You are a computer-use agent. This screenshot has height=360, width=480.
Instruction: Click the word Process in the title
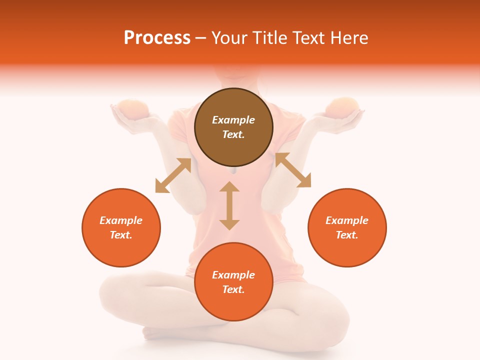(x=157, y=38)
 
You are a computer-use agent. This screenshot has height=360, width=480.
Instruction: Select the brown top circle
(x=233, y=127)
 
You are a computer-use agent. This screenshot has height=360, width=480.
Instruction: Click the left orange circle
(x=121, y=227)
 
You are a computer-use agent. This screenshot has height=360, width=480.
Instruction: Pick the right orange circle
(x=347, y=227)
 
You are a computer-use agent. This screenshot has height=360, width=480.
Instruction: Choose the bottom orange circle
(x=233, y=282)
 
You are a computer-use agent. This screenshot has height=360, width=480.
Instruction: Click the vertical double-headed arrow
(x=229, y=205)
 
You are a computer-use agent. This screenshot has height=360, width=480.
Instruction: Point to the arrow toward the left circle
(x=173, y=175)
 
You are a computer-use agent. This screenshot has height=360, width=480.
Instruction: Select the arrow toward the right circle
(x=293, y=170)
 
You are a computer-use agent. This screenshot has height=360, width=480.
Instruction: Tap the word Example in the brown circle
(x=233, y=120)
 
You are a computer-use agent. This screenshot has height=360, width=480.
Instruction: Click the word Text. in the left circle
(x=121, y=235)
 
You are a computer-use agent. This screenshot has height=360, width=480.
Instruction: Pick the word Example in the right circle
(x=347, y=220)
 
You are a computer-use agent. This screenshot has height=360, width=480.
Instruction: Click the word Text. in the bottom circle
(x=233, y=289)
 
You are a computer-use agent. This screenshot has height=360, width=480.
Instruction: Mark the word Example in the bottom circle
(x=233, y=275)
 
